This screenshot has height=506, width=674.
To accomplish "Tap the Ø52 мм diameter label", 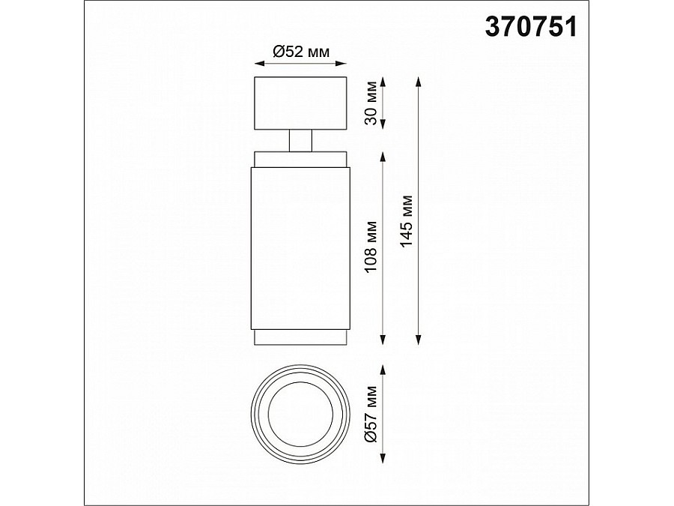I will coord(300,52).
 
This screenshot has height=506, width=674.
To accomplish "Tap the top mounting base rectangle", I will coord(300,103).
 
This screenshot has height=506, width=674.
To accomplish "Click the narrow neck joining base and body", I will coord(300,140).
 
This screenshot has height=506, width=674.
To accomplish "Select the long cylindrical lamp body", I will coord(300,247).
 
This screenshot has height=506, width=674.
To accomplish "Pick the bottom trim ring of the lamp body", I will coord(300,337).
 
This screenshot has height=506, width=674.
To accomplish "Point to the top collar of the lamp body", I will coord(300,159).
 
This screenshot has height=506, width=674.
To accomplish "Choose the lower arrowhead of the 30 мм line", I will coord(384,125).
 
